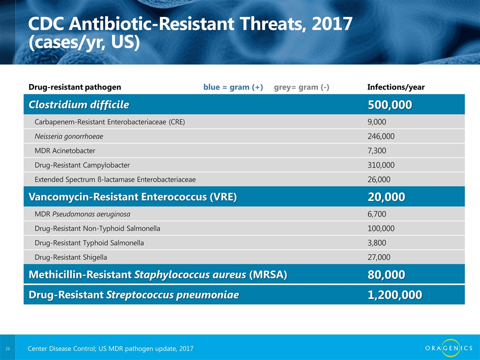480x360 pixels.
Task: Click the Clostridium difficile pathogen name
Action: click(78, 104)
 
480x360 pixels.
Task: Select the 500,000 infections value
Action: click(389, 104)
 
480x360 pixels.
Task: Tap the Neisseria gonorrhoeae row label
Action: click(68, 136)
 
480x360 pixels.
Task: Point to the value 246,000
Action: click(381, 136)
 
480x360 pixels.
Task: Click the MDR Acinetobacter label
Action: click(64, 150)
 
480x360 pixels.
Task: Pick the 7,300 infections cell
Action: click(376, 150)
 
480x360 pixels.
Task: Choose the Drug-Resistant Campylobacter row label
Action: click(82, 165)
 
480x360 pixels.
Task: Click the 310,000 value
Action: click(381, 165)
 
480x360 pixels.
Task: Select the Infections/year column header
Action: click(396, 87)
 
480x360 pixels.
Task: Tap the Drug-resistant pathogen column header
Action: click(74, 87)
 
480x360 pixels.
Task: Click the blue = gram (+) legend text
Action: click(233, 87)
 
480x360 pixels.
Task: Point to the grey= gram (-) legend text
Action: click(301, 87)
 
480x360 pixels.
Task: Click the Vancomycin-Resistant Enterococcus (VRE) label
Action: click(132, 196)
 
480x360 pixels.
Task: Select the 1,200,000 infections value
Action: click(394, 295)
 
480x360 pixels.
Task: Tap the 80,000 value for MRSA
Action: click(386, 274)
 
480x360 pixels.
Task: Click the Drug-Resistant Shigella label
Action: click(70, 257)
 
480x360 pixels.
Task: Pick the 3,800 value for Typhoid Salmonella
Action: click(376, 243)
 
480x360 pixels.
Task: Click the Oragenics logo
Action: click(448, 348)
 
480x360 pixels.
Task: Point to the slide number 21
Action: click(7, 348)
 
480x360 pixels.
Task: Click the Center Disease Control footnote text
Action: click(110, 348)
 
